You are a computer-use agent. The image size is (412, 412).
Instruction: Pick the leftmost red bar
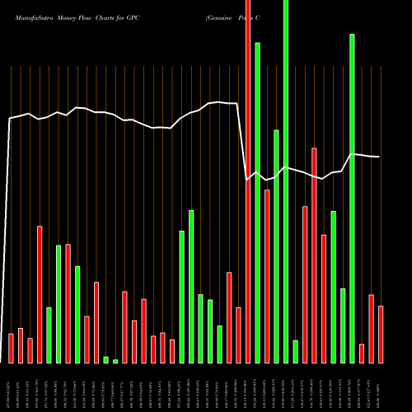(11, 348)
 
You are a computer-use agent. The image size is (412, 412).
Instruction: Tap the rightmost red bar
(381, 334)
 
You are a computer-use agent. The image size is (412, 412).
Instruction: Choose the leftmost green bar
(49, 335)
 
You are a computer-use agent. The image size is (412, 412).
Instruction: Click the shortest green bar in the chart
(115, 361)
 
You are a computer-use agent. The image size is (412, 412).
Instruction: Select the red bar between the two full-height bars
(267, 276)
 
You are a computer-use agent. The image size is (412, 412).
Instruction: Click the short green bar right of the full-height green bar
(295, 351)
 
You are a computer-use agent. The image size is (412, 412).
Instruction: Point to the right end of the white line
(379, 157)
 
